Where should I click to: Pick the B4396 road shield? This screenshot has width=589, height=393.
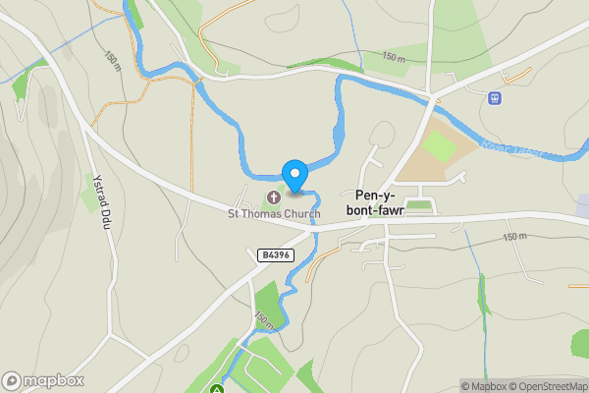point(274,255)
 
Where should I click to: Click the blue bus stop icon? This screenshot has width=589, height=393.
point(496,98)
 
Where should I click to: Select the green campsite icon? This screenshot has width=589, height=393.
point(216,389)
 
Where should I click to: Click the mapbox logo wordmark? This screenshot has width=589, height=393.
point(53,381)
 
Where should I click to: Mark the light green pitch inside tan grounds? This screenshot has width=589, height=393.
point(439,146)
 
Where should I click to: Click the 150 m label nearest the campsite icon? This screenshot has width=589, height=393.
point(263,319)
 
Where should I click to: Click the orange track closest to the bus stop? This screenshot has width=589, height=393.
point(520,75)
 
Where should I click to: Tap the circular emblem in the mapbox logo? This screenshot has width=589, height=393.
point(12,381)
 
